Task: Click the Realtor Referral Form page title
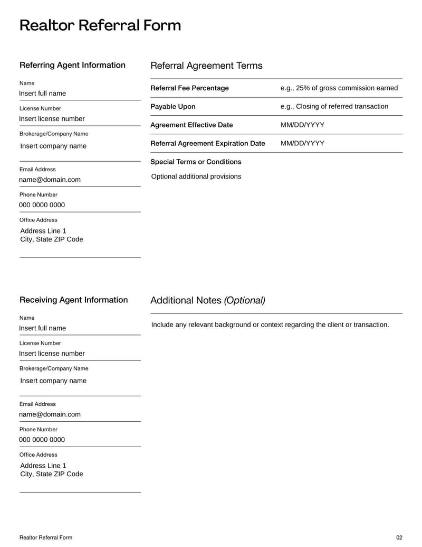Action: [x=100, y=25]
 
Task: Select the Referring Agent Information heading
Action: [x=72, y=65]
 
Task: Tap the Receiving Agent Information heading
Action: [x=73, y=300]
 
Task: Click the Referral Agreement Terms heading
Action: [x=206, y=66]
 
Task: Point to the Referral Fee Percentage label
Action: [x=189, y=88]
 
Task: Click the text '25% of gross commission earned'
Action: [x=347, y=88]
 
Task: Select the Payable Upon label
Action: [x=172, y=106]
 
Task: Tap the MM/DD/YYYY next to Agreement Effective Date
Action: [x=302, y=125]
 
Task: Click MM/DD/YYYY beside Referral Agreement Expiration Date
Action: [x=302, y=143]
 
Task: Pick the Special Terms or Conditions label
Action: [x=196, y=162]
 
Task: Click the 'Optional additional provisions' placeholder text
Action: [x=196, y=176]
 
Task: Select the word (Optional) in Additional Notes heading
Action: [x=244, y=300]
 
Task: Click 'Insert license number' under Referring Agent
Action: [x=52, y=118]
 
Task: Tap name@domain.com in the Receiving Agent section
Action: [x=50, y=414]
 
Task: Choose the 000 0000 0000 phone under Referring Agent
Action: [x=42, y=205]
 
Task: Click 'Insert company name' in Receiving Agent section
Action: [x=53, y=381]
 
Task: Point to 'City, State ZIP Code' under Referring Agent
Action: [x=51, y=239]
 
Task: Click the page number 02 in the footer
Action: [x=399, y=537]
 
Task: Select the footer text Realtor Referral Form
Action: [x=45, y=537]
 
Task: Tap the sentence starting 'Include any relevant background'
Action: [x=270, y=325]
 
